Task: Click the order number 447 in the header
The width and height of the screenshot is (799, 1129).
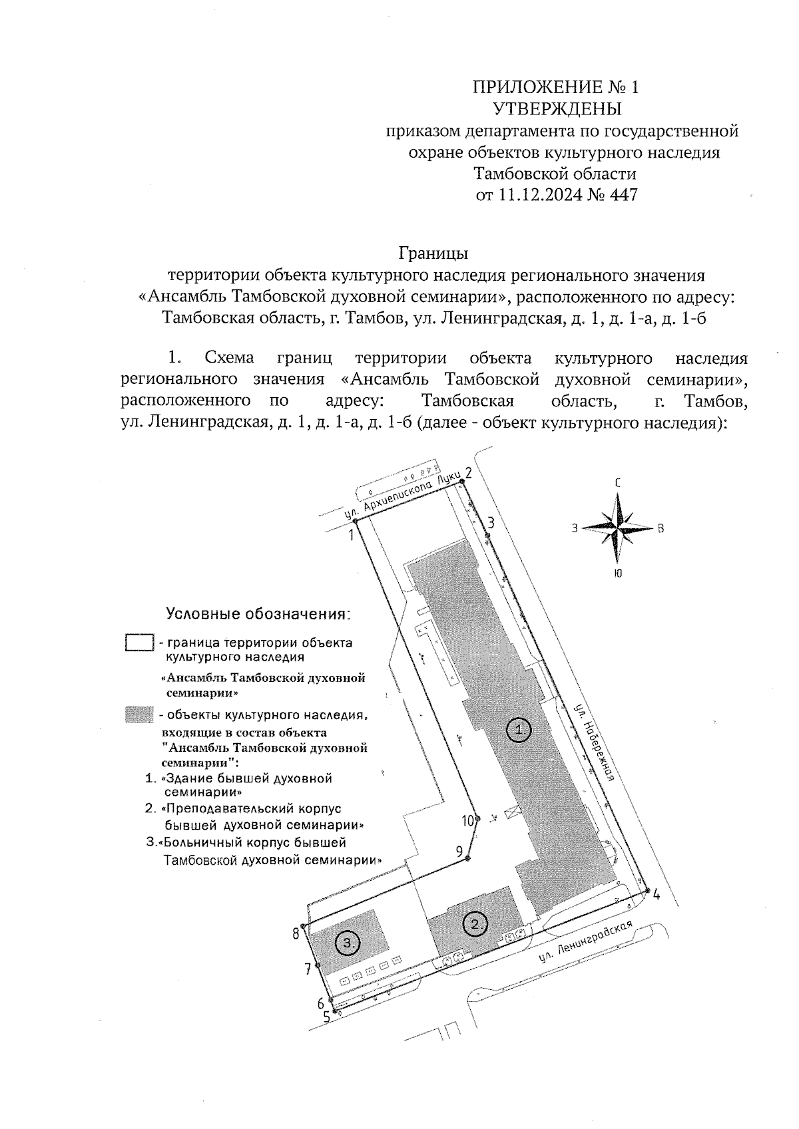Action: pyautogui.click(x=623, y=196)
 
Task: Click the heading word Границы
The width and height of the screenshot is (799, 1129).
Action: pyautogui.click(x=433, y=253)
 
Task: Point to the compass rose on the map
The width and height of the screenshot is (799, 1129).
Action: pyautogui.click(x=618, y=528)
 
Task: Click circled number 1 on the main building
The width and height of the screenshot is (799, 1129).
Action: pyautogui.click(x=519, y=730)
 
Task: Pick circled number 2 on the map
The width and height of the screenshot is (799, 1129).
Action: pyautogui.click(x=475, y=923)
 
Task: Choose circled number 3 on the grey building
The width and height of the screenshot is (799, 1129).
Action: pyautogui.click(x=348, y=942)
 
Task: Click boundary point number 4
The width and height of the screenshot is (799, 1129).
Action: pyautogui.click(x=656, y=895)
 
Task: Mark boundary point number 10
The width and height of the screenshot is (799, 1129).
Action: pyautogui.click(x=469, y=820)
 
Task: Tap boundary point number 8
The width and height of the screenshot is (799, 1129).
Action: pyautogui.click(x=296, y=934)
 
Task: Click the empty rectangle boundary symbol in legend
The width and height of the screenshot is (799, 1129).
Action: pyautogui.click(x=140, y=643)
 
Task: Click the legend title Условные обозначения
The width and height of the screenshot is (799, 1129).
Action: pyautogui.click(x=258, y=613)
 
